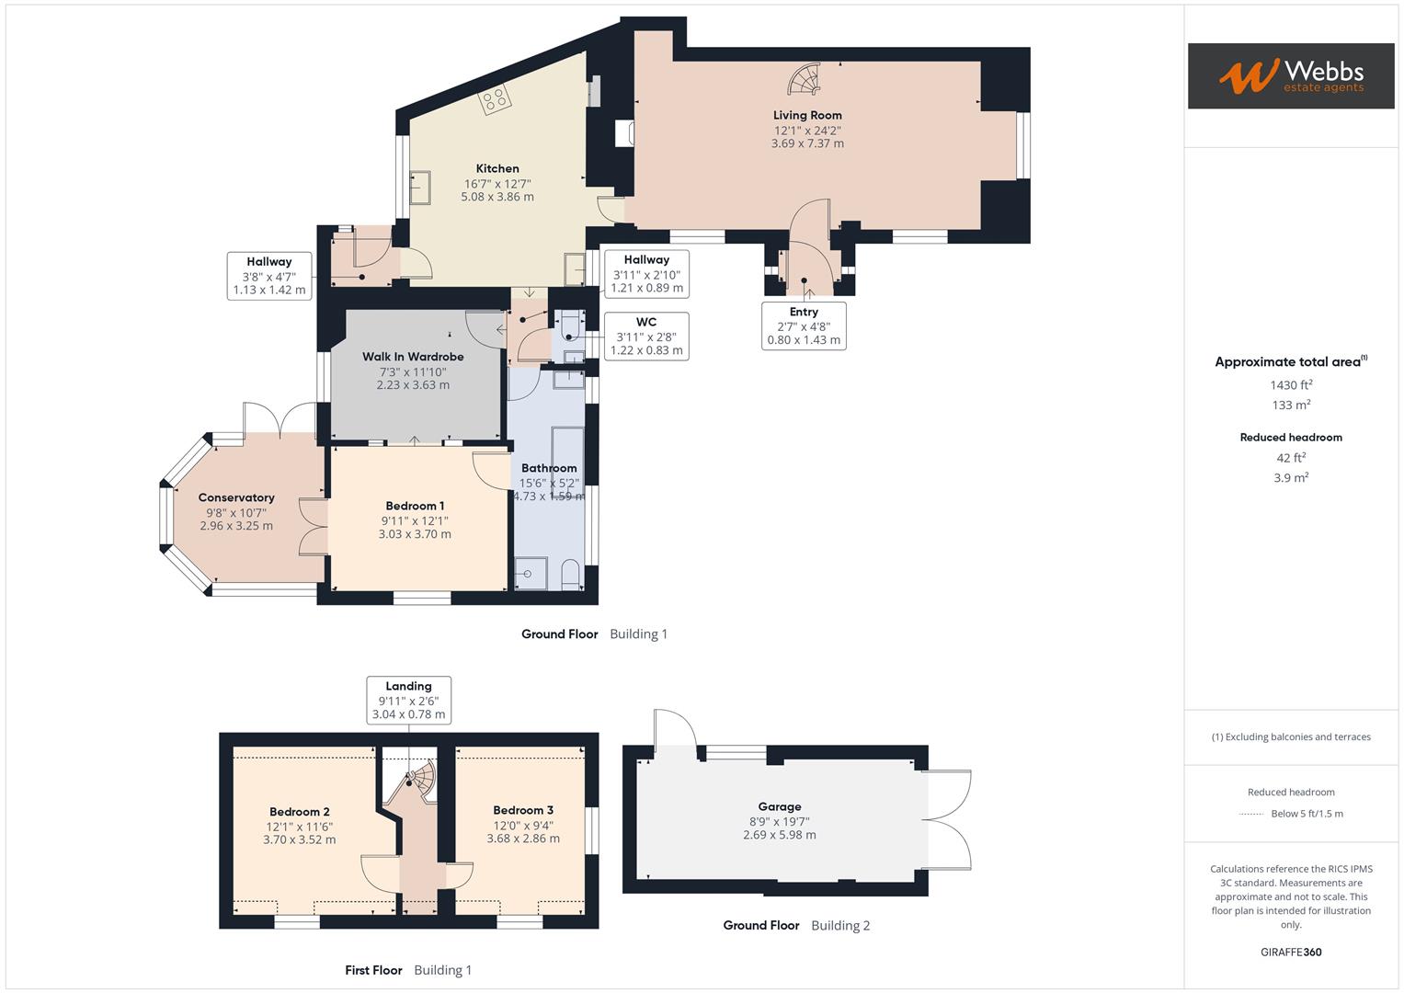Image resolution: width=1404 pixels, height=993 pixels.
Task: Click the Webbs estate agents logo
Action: pyautogui.click(x=1290, y=76)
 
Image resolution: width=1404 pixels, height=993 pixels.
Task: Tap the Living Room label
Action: pyautogui.click(x=807, y=115)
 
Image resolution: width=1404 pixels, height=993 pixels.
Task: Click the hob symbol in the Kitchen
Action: pyautogui.click(x=494, y=99)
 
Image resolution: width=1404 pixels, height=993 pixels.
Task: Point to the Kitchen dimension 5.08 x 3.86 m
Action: pyautogui.click(x=497, y=197)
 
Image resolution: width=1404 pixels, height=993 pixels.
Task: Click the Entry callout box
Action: pyautogui.click(x=804, y=325)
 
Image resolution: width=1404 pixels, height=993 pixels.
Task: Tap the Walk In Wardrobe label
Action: pyautogui.click(x=413, y=357)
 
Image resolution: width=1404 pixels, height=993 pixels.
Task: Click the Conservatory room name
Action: pyautogui.click(x=236, y=497)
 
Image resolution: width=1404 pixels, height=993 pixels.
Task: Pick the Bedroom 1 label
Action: pyautogui.click(x=415, y=506)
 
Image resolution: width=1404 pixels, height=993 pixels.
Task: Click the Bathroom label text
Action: pyautogui.click(x=549, y=468)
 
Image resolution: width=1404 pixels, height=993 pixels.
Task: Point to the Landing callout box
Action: pyautogui.click(x=408, y=700)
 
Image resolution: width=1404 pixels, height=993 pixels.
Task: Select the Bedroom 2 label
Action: pyautogui.click(x=300, y=811)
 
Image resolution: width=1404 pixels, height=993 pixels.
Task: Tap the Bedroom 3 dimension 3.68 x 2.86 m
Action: pyautogui.click(x=523, y=839)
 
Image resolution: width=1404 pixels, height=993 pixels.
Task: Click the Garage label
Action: pyautogui.click(x=780, y=806)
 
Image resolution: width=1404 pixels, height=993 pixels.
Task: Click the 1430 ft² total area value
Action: pyautogui.click(x=1291, y=385)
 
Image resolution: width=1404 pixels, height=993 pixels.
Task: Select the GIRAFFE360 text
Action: pyautogui.click(x=1291, y=952)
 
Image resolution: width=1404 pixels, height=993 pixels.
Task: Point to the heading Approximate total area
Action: pyautogui.click(x=1288, y=362)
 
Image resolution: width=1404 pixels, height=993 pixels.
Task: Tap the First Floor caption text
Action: pyautogui.click(x=373, y=970)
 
